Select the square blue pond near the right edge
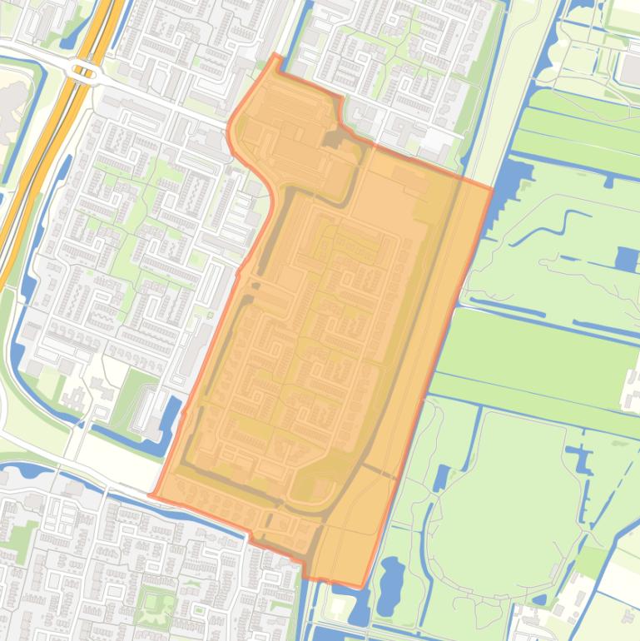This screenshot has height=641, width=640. coord(627,259)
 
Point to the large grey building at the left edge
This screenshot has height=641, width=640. coord(10,104)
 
